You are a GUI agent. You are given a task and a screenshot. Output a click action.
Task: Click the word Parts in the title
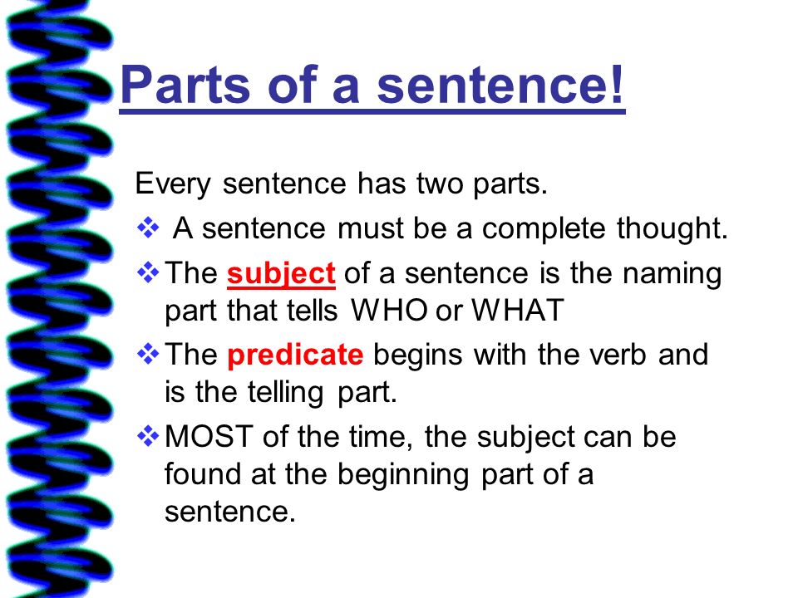(x=185, y=85)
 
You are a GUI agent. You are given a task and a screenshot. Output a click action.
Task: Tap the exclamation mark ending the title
(x=618, y=83)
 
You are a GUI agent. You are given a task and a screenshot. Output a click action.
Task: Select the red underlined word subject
(x=281, y=275)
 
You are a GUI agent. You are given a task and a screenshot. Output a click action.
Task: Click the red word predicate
(x=295, y=355)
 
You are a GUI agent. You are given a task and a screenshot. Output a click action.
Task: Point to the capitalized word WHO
(x=389, y=310)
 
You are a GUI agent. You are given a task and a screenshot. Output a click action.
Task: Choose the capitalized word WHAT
(x=518, y=310)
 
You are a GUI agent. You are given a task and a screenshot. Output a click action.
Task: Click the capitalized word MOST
(x=209, y=436)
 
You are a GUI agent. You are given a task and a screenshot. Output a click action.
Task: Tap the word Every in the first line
(x=173, y=184)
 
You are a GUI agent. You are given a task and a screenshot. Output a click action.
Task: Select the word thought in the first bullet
(x=672, y=228)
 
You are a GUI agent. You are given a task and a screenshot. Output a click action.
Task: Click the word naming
(x=672, y=275)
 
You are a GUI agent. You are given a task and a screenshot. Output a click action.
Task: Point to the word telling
(x=285, y=393)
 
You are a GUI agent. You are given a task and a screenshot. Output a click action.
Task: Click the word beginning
(x=403, y=475)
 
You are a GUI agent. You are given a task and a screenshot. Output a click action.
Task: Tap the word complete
(x=544, y=229)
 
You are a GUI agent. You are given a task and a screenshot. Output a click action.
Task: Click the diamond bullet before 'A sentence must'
(x=148, y=228)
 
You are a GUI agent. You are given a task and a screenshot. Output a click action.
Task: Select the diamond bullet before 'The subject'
(x=148, y=272)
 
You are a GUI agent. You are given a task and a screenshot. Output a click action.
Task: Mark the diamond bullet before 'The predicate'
(x=148, y=354)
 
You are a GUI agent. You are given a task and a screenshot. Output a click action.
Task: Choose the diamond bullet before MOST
(x=148, y=436)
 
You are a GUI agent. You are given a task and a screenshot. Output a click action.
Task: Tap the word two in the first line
(x=441, y=184)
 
